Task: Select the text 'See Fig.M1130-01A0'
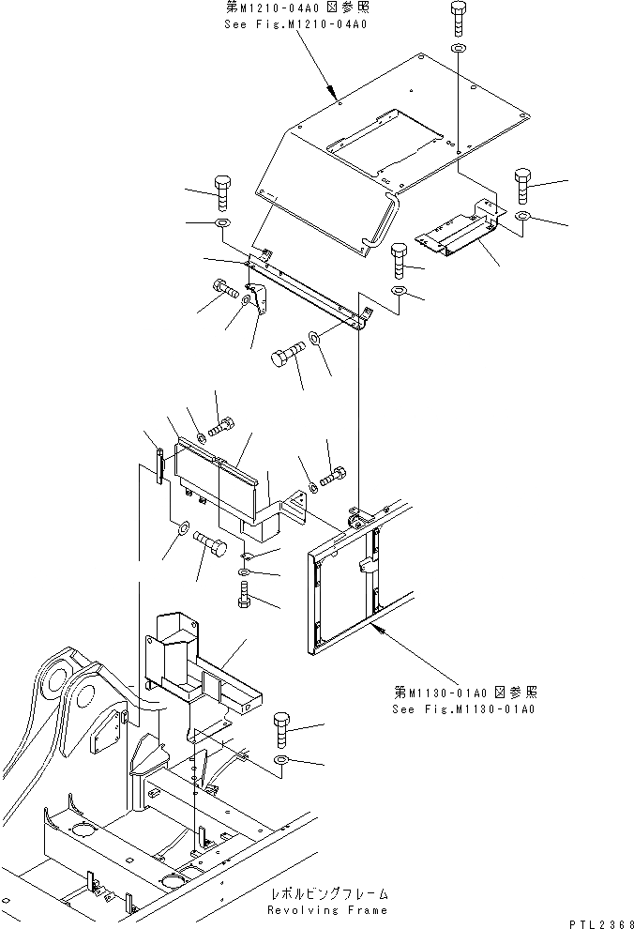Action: (462, 708)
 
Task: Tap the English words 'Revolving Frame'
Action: (326, 909)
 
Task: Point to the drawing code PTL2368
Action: (596, 921)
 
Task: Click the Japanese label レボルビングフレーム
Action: (327, 895)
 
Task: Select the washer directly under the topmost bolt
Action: (457, 47)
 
